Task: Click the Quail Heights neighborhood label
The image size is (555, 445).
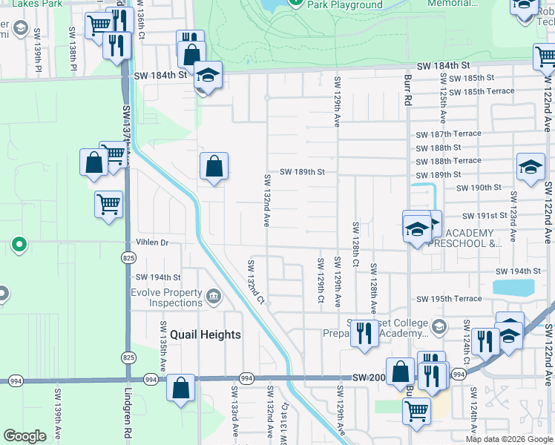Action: tap(205, 334)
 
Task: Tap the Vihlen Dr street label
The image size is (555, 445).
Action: tap(153, 243)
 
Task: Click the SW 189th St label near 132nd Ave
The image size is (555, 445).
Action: tap(302, 172)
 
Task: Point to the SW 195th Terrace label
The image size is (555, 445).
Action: tap(449, 299)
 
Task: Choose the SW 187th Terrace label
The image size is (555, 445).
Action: tap(448, 134)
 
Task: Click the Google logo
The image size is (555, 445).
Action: tap(24, 436)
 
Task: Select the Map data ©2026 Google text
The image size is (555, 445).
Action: tap(509, 439)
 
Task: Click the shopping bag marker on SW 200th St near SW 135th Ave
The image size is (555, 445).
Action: tap(180, 387)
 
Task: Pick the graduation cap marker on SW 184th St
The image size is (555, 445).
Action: tap(208, 75)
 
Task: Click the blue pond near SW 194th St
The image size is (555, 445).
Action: tap(513, 286)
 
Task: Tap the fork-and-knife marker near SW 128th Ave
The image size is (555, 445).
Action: tap(363, 332)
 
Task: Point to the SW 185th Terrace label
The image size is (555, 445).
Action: tap(476, 91)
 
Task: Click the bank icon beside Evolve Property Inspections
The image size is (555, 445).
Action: tap(214, 297)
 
